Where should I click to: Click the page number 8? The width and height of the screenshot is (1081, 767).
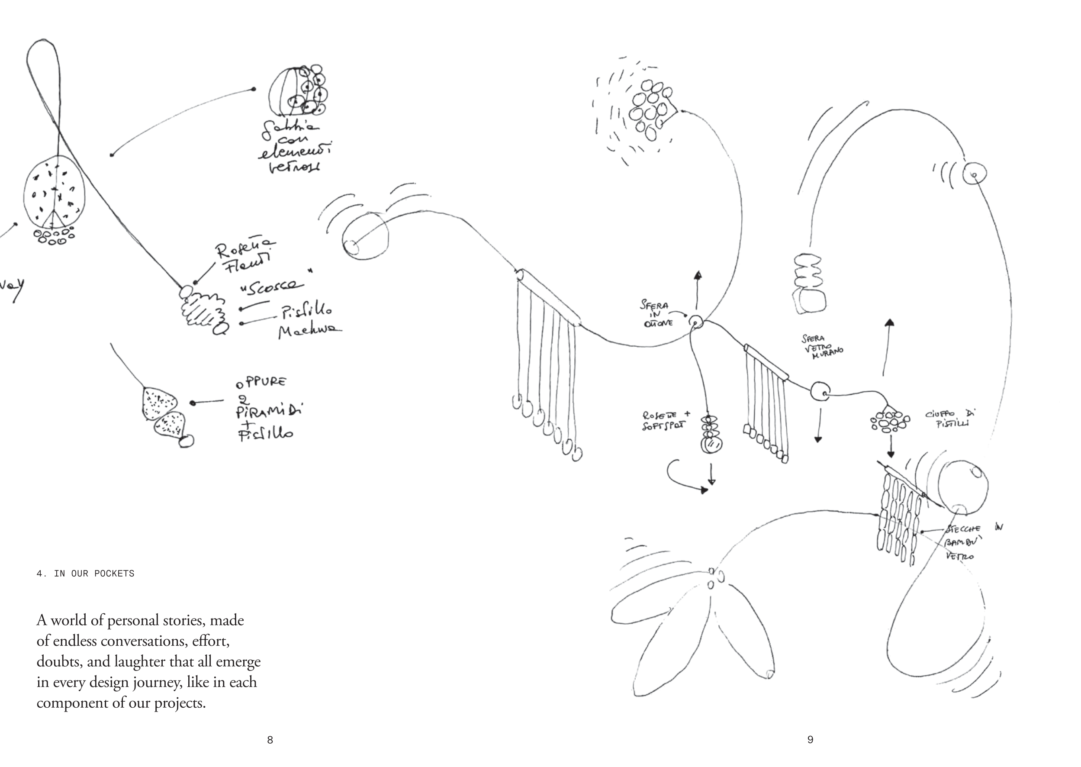(270, 740)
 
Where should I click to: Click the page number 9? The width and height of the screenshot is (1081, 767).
(810, 740)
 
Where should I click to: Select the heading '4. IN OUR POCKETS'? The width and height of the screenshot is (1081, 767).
(85, 574)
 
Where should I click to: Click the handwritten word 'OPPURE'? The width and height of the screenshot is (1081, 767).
(261, 382)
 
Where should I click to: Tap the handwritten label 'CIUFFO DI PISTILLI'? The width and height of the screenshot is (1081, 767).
(949, 419)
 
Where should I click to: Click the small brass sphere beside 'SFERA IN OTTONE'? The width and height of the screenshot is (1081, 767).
(696, 322)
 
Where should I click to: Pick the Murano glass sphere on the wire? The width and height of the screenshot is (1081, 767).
(820, 392)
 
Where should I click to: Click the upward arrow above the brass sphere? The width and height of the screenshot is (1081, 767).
(698, 290)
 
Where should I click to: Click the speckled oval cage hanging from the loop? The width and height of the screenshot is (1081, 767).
(54, 193)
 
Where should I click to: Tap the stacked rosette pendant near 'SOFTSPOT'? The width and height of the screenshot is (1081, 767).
(708, 435)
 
